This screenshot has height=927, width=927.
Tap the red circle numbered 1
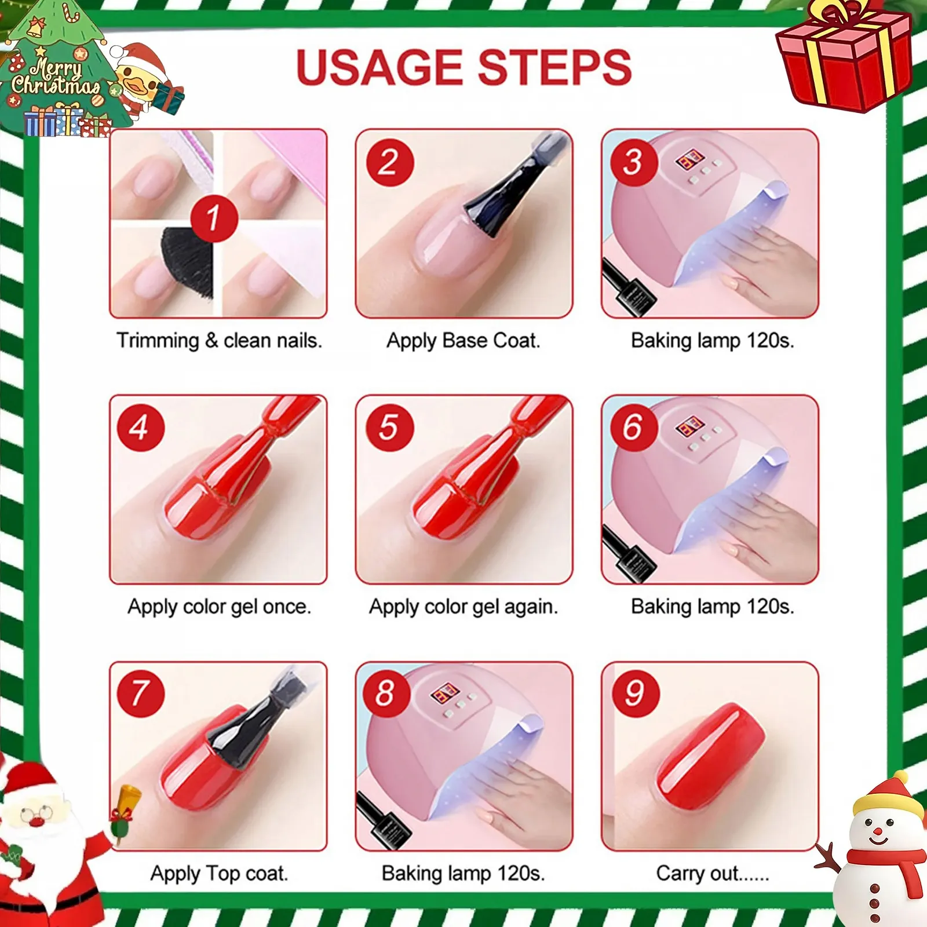(214, 218)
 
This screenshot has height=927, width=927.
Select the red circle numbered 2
(390, 162)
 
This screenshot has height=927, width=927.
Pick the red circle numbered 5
(389, 428)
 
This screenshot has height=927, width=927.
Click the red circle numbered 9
(635, 693)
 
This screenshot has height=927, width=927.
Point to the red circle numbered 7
(141, 693)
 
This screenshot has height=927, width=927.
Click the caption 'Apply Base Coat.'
(463, 341)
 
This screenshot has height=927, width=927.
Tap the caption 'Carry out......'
(713, 873)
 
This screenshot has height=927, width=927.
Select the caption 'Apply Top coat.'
(219, 873)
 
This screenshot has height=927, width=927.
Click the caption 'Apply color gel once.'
(219, 607)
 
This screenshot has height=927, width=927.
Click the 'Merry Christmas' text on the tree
(56, 77)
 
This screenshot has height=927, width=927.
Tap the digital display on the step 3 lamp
(689, 159)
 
